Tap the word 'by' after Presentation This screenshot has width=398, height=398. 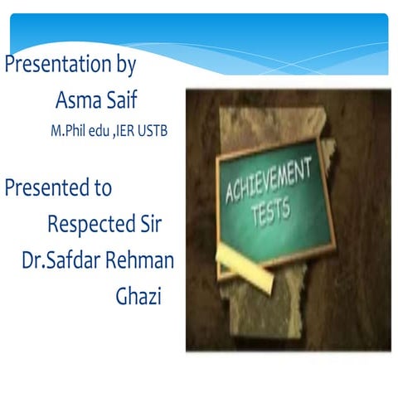pos(124,66)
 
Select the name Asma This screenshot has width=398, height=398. pos(75,100)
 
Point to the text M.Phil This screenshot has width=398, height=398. pos(69,133)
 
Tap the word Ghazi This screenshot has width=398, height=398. pos(138,296)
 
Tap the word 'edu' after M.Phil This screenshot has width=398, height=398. pos(99,133)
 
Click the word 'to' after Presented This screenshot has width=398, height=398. pos(102,188)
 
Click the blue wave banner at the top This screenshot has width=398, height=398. pos(199,33)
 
